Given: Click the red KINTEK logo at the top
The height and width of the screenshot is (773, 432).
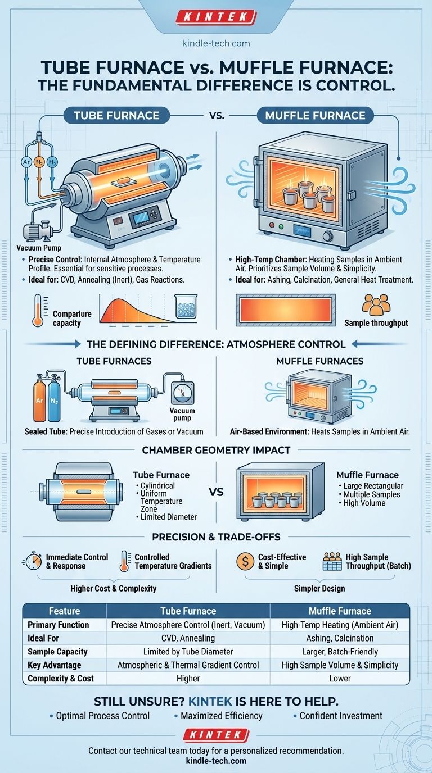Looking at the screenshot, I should point(215,17).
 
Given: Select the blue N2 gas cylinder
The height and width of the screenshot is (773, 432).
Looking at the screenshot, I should point(55,402).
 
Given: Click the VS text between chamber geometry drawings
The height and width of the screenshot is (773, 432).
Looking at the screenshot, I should point(216,492).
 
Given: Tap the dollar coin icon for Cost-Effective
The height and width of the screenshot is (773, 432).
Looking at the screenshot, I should point(245,561).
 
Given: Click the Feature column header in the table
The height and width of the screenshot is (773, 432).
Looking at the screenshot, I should point(64,611).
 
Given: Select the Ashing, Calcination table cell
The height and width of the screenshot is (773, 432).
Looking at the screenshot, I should point(340,638).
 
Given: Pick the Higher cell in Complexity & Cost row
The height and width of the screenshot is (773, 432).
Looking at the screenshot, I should point(188,678).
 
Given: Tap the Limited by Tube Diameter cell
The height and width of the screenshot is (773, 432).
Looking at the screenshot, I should point(188,651).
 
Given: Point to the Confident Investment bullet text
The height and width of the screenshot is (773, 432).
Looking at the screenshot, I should point(341,716).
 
